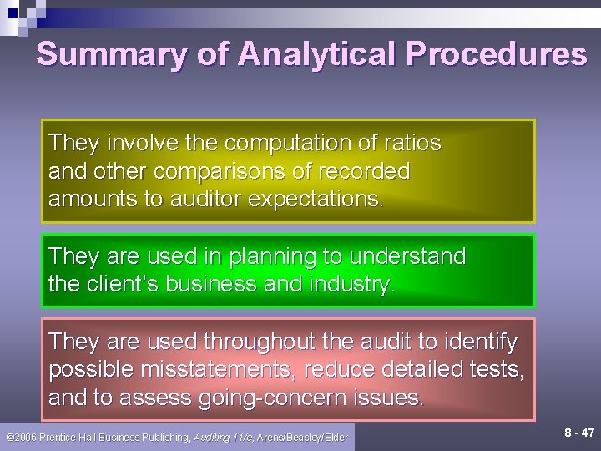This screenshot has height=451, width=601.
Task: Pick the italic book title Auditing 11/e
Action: [x=224, y=438]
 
